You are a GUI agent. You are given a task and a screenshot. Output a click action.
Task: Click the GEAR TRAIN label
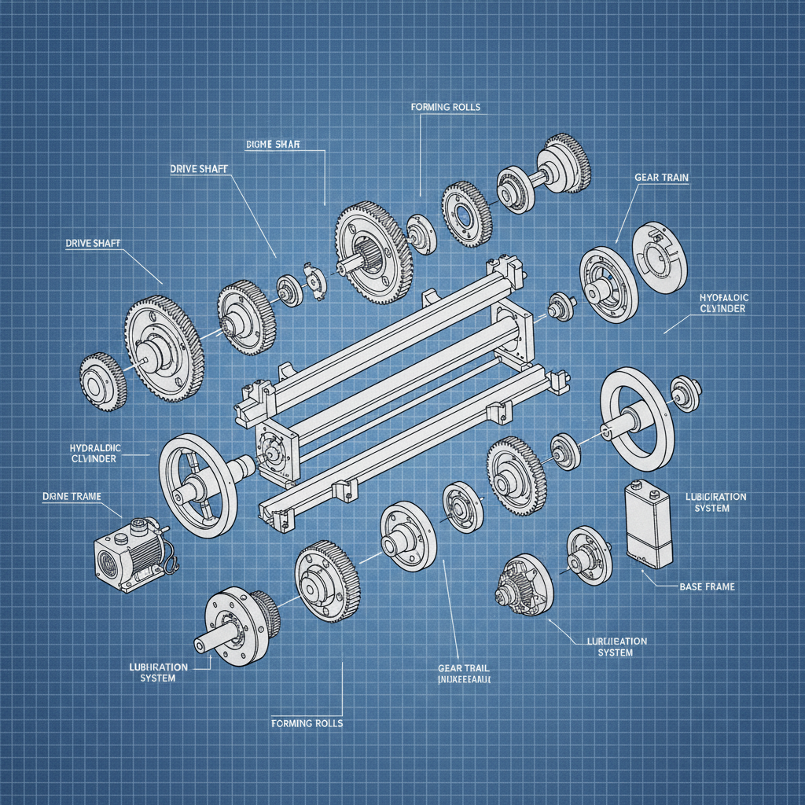tap(660, 178)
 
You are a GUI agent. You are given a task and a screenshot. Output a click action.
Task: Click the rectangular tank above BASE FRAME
tap(649, 524)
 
